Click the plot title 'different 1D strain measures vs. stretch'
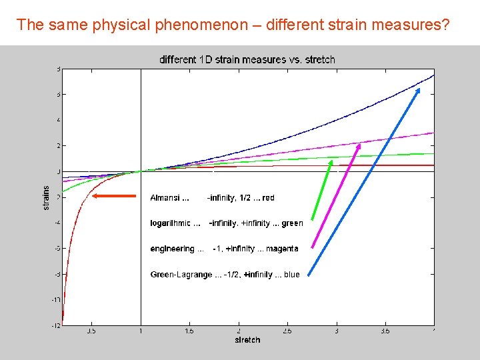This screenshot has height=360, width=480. pos(247,59)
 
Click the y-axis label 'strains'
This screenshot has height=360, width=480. pos(46,198)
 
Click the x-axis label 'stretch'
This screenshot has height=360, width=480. pos(247,340)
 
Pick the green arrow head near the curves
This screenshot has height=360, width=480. pos(331,163)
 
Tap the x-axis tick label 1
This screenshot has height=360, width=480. pos(141,330)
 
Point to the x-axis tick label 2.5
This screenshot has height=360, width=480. pos(288,330)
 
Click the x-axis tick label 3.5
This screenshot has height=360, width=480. pos(386,330)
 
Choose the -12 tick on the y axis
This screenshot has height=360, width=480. pos(57,325)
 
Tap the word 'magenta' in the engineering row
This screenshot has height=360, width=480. pos(282,249)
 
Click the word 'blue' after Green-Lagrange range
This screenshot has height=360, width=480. pos(292,275)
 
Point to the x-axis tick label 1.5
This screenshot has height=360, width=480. pos(190,330)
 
